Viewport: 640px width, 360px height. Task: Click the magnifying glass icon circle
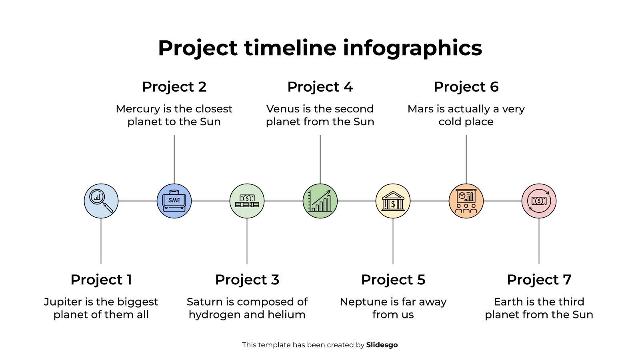pyautogui.click(x=101, y=201)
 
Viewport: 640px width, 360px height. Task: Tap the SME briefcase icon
pyautogui.click(x=174, y=201)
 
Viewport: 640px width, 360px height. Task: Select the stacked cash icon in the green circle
pyautogui.click(x=247, y=201)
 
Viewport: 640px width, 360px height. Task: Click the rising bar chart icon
pyautogui.click(x=320, y=201)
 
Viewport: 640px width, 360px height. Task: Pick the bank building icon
pyautogui.click(x=393, y=201)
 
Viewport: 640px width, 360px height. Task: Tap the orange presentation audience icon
pyautogui.click(x=466, y=201)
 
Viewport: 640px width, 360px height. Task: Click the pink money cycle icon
pyautogui.click(x=539, y=201)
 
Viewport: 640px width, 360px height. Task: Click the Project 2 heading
pyautogui.click(x=174, y=87)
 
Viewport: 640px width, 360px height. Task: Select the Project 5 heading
pyautogui.click(x=393, y=280)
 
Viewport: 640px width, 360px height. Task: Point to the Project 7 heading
pyautogui.click(x=539, y=280)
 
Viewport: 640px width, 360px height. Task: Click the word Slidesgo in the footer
pyautogui.click(x=382, y=345)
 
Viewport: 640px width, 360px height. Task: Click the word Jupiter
pyautogui.click(x=63, y=302)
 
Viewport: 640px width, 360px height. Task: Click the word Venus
pyautogui.click(x=282, y=109)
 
